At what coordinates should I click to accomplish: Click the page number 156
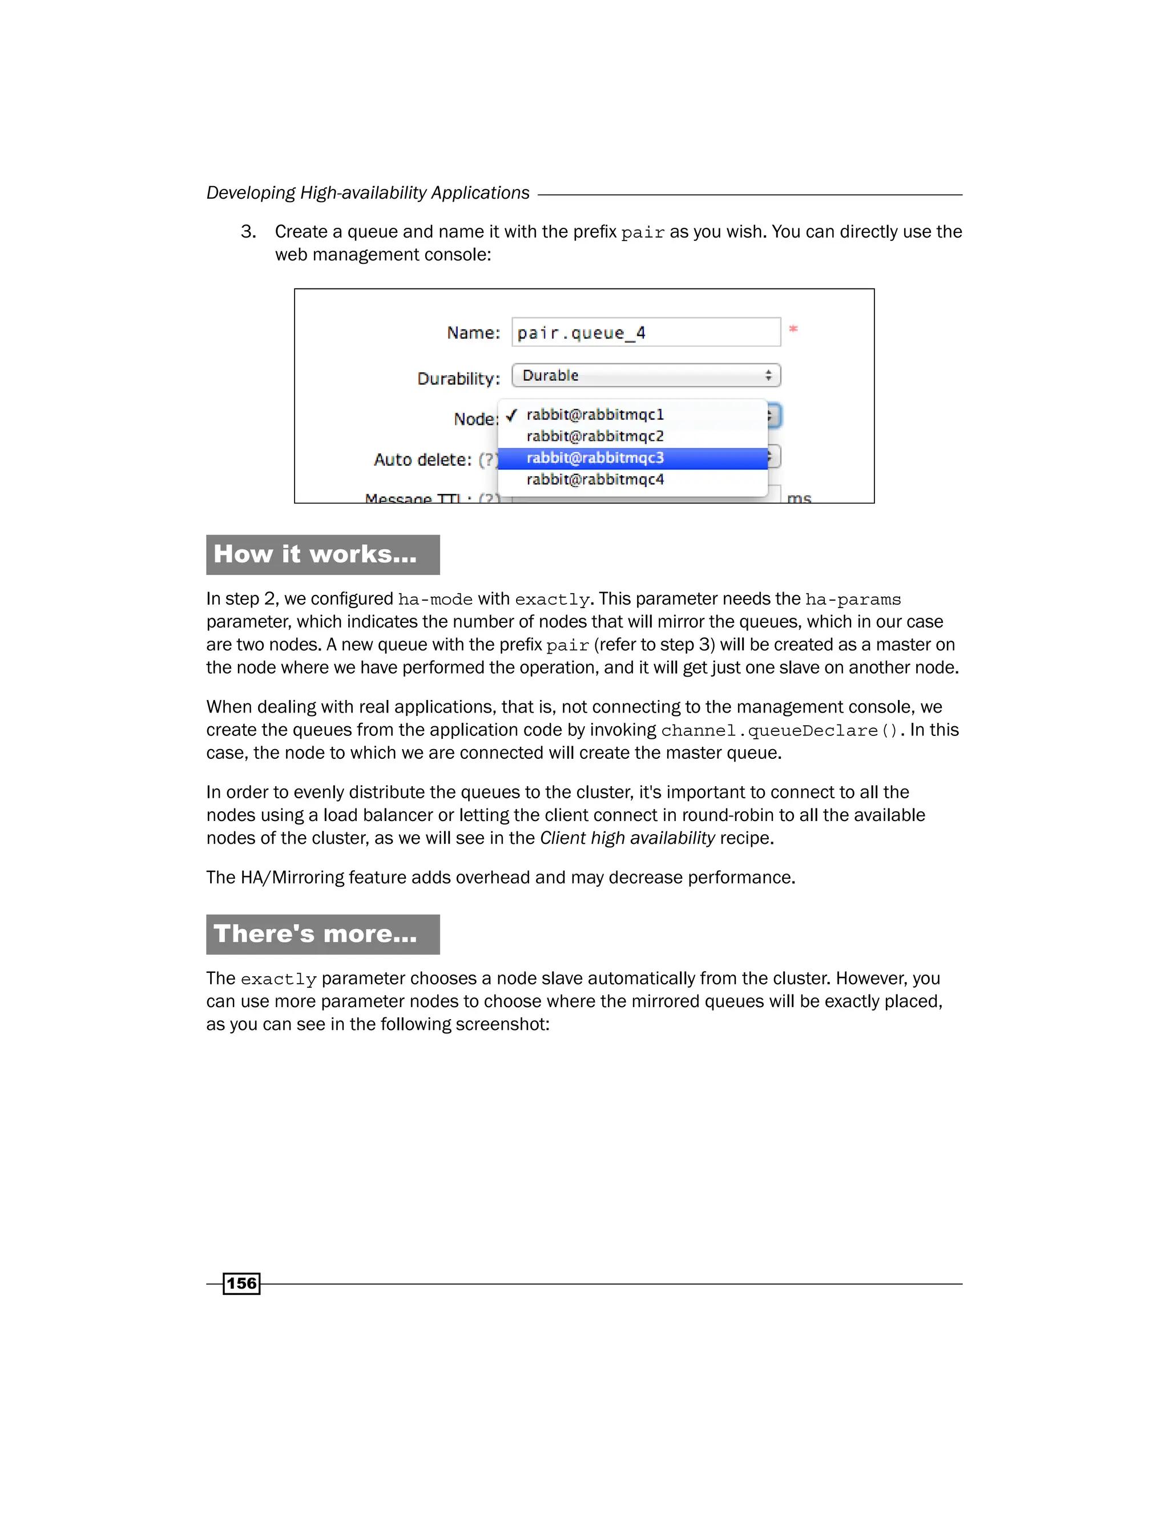tap(241, 1283)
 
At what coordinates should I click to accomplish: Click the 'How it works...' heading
tap(315, 554)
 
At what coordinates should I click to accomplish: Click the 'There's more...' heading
tap(315, 934)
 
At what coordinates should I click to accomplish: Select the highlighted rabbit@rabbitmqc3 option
tap(595, 458)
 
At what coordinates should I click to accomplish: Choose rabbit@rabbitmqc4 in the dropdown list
tap(595, 480)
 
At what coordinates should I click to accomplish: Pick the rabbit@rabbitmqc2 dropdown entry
tap(595, 436)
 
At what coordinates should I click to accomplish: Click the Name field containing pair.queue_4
tap(646, 332)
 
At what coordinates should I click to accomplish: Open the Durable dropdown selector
tap(646, 376)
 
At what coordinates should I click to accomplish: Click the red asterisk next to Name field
tap(793, 329)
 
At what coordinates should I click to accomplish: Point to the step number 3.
tap(248, 232)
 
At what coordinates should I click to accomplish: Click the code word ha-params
tap(853, 600)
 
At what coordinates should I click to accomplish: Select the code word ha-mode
tap(435, 600)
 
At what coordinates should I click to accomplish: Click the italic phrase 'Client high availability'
tap(627, 838)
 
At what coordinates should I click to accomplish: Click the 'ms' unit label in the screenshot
tap(799, 498)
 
